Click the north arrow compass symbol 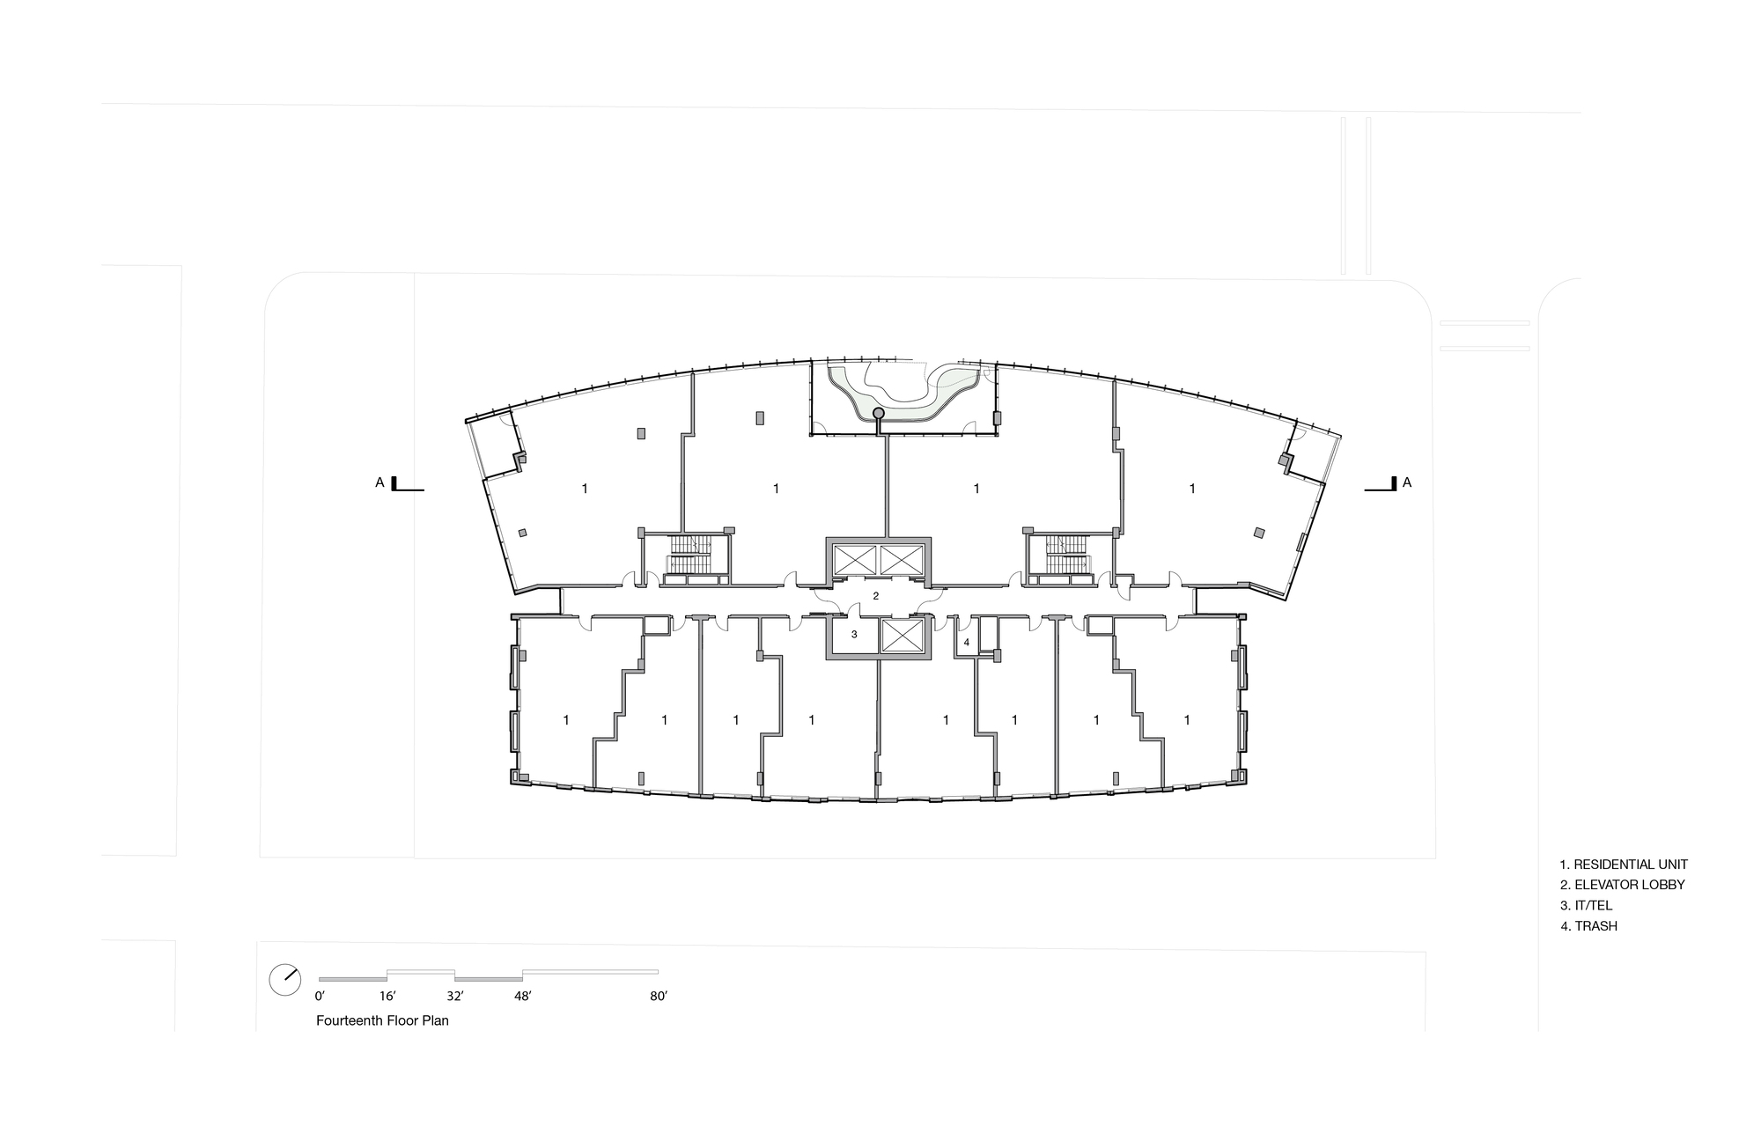[285, 980]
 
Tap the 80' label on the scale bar [659, 997]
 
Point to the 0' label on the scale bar [320, 997]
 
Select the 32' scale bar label [455, 997]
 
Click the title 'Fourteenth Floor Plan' [382, 1021]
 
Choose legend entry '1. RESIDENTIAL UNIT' [1624, 865]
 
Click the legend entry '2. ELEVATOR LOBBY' [1622, 885]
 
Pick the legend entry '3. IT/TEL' [1586, 905]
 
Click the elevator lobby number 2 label [875, 596]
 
